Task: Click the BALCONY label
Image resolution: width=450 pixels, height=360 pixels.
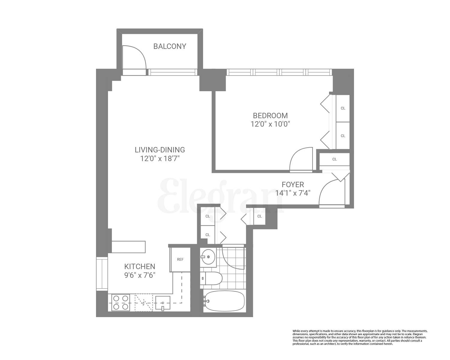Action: tap(169, 46)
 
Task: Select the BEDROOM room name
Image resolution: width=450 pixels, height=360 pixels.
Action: tap(270, 115)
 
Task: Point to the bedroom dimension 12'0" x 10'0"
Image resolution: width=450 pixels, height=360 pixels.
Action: tap(270, 124)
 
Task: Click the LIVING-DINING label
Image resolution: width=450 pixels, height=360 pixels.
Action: tap(160, 150)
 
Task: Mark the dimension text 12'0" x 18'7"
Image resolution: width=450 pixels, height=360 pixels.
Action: tap(160, 158)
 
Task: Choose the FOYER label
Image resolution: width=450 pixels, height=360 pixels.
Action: tap(292, 184)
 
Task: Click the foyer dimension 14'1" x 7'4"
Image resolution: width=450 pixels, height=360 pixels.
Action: tap(292, 193)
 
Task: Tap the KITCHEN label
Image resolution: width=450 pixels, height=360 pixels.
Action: tap(140, 266)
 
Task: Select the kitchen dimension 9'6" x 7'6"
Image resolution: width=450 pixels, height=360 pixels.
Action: tap(140, 275)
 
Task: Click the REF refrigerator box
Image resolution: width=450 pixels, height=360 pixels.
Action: tap(180, 259)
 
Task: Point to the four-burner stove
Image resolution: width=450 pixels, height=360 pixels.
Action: tap(121, 302)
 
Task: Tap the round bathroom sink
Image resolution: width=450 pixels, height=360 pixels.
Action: tap(208, 257)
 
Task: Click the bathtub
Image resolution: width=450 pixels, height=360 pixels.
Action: tap(224, 301)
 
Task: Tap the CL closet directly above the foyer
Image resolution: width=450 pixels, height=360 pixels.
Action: tap(334, 159)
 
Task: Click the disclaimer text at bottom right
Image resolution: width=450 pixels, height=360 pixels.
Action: tap(360, 337)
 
